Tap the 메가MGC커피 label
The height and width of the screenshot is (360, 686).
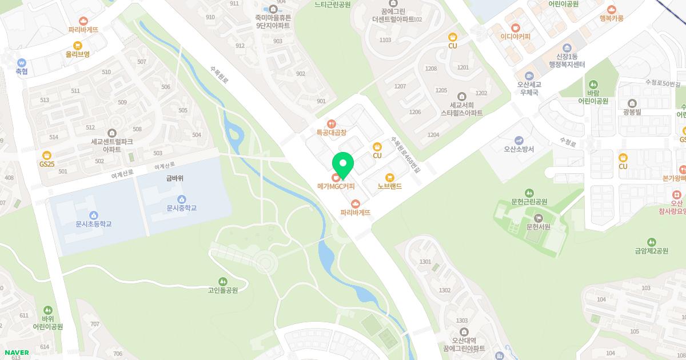[336, 186]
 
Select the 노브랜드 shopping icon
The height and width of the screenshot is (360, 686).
[390, 177]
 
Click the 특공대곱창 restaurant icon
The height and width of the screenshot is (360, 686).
[332, 123]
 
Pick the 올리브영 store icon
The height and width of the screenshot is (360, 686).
[78, 46]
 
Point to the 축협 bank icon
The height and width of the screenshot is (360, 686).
[22, 63]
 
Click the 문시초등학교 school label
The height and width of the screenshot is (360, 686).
[93, 224]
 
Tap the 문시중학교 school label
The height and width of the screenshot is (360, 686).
[182, 208]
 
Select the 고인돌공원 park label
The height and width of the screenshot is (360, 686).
[223, 290]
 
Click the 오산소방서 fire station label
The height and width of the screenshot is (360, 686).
[519, 149]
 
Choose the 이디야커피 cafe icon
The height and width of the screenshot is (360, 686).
[515, 27]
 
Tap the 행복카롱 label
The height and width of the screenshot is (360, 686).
[612, 18]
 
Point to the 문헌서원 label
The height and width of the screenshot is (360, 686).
[538, 226]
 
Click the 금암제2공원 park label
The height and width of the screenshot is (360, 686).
[651, 251]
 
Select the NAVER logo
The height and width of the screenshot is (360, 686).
[16, 353]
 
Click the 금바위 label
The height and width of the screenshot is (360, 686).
[175, 178]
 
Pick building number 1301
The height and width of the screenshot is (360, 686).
[425, 262]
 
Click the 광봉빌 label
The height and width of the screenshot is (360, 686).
[633, 111]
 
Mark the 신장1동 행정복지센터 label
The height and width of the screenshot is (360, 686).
[567, 61]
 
